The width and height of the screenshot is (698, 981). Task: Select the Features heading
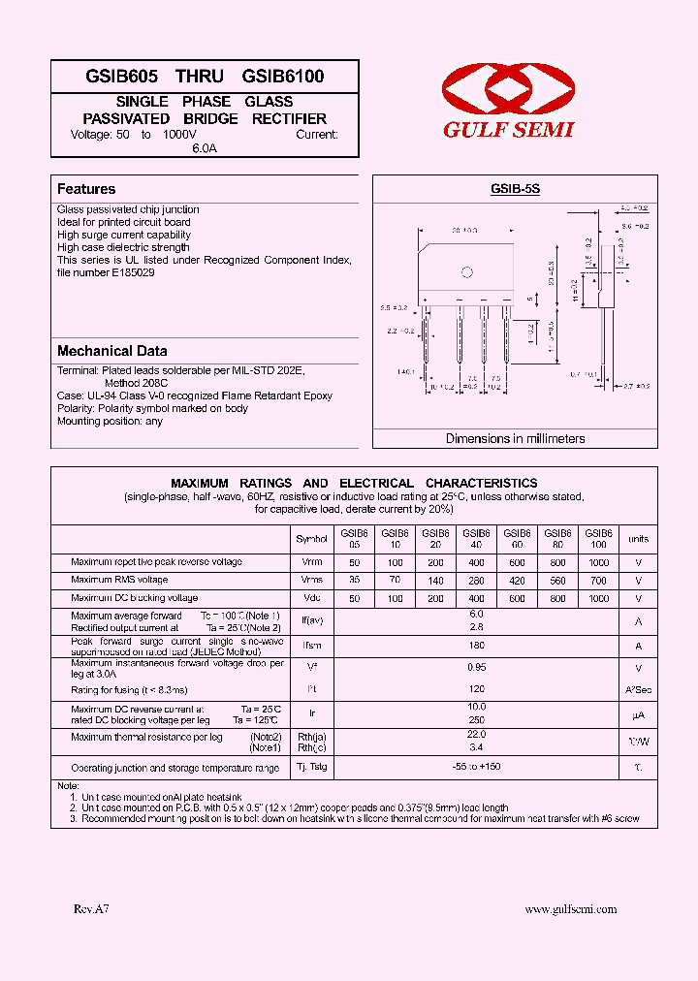tap(86, 189)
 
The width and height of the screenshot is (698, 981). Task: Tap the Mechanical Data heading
tap(111, 351)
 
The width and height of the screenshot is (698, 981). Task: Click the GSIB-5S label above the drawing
tap(515, 190)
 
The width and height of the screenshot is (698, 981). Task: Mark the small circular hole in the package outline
tap(466, 272)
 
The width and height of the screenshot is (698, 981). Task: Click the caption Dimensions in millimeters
tap(515, 438)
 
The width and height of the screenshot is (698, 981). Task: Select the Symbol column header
tap(311, 538)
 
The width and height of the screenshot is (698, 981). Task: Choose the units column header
tap(638, 538)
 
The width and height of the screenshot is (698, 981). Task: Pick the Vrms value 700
tap(598, 581)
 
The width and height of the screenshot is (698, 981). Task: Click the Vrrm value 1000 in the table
tap(598, 562)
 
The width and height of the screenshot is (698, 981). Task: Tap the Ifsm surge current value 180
tap(475, 646)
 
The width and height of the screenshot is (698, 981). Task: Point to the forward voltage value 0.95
tap(475, 667)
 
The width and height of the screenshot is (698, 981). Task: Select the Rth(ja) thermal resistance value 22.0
tap(475, 737)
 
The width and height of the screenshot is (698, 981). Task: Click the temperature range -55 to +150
tap(475, 767)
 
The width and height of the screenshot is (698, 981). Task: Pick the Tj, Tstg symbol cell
tap(311, 767)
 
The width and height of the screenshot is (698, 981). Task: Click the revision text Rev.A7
tap(92, 909)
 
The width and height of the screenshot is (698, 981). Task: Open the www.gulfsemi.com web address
tap(570, 909)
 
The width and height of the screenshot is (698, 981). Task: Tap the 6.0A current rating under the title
tap(205, 148)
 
